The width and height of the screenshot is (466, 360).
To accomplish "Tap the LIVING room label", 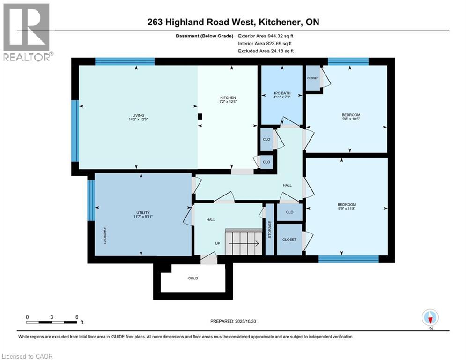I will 138,115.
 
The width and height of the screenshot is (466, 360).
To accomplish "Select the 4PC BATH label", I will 281,93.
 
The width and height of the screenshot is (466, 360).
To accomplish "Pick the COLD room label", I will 193,278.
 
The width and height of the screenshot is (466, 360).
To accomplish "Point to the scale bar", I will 52,322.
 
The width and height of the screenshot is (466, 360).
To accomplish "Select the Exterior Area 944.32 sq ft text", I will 266,36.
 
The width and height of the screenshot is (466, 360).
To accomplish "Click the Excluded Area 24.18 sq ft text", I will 266,51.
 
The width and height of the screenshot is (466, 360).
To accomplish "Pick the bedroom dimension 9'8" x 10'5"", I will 351,119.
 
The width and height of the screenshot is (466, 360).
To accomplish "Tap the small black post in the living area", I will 200,117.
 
